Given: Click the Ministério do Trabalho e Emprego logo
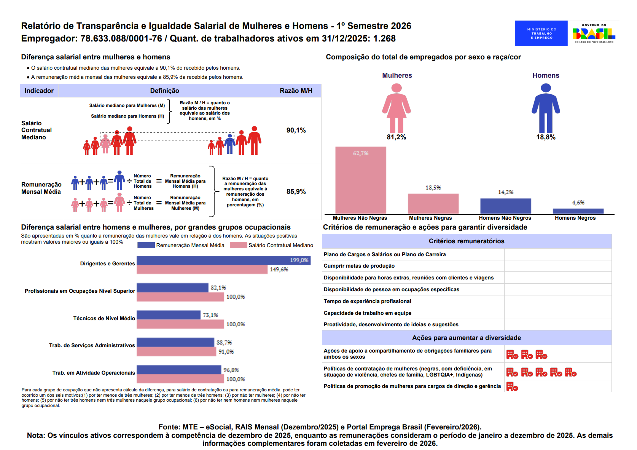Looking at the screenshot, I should click(x=541, y=34).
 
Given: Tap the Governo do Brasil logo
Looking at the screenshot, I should click(x=594, y=34).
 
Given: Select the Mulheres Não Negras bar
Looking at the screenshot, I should click(x=360, y=180).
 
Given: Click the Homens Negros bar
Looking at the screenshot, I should click(x=578, y=211).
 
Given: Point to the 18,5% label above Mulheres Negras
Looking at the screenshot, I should click(x=433, y=188).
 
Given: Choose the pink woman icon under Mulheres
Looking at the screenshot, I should click(x=397, y=108).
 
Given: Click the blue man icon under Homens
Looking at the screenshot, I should click(x=546, y=108).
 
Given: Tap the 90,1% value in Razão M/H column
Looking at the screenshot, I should click(x=296, y=130).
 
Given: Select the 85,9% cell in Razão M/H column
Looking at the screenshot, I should click(x=296, y=191).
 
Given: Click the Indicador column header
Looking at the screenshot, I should click(x=39, y=91).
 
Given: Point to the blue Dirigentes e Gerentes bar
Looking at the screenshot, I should click(x=223, y=260).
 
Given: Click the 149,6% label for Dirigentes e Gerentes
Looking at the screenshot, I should click(x=279, y=270).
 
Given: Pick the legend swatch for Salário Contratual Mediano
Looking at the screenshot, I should click(x=238, y=245).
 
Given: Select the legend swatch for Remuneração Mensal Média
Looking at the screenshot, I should click(x=146, y=245).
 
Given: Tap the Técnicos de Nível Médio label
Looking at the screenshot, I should click(x=104, y=318).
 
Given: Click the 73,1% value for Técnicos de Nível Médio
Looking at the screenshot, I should click(x=210, y=315).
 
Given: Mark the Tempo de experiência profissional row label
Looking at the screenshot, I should click(x=367, y=301).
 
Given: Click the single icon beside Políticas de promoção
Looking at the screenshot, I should click(x=512, y=386).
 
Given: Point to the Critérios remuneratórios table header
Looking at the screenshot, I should click(x=467, y=241).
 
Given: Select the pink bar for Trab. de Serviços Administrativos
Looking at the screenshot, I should click(x=176, y=352).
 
